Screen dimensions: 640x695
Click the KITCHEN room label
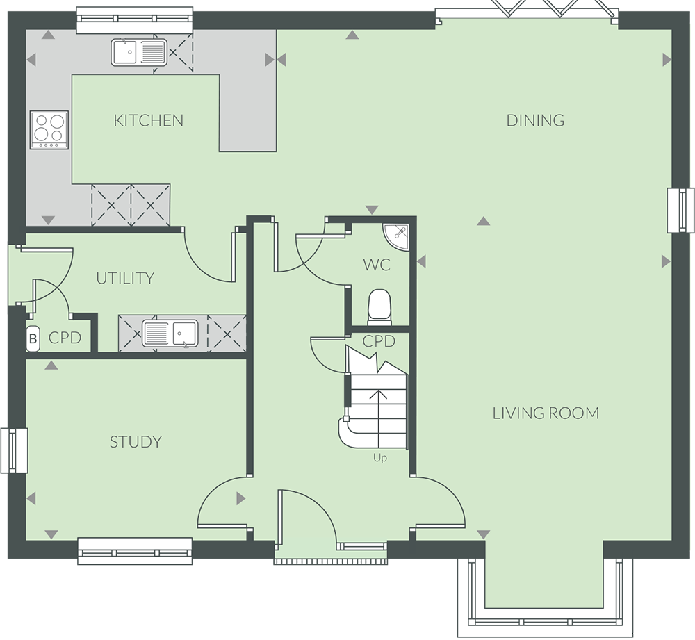(149, 120)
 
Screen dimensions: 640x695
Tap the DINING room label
(535, 120)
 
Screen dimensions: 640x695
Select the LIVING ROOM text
(546, 413)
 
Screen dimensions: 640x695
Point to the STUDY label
(136, 442)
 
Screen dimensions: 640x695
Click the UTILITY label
(125, 279)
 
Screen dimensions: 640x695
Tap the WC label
(377, 265)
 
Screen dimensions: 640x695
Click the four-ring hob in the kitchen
(49, 129)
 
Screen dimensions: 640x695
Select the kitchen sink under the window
(139, 52)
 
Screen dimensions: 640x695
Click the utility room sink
(170, 333)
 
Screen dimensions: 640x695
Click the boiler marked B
(33, 339)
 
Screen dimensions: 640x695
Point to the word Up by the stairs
(379, 458)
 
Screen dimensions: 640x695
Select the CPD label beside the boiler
(65, 338)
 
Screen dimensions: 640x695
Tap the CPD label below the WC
(379, 341)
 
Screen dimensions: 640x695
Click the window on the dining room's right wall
(680, 210)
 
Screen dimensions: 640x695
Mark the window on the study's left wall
(14, 450)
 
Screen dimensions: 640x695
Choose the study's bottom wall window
(135, 551)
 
